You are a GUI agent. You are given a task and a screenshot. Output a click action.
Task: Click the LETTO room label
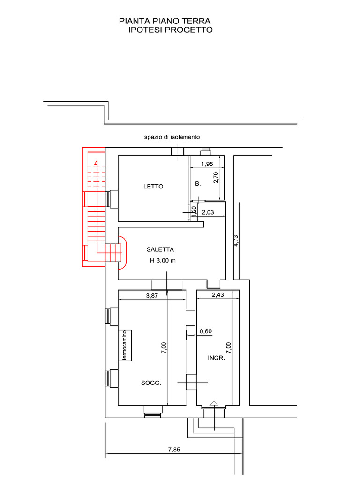[x=153, y=186]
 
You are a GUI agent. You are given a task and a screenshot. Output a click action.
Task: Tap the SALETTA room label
[x=160, y=249]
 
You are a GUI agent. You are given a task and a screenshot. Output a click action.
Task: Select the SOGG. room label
[x=151, y=382]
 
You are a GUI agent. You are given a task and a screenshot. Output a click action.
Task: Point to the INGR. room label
[x=217, y=358]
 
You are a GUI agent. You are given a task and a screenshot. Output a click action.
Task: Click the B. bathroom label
[x=198, y=184]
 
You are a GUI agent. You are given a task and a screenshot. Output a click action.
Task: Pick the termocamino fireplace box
[x=125, y=345]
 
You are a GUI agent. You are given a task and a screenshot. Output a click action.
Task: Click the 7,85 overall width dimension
[x=174, y=450]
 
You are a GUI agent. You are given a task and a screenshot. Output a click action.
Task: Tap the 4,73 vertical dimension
[x=236, y=240]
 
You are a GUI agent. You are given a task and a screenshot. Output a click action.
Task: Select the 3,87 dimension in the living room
[x=152, y=295]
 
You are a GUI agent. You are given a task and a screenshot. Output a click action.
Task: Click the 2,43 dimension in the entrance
[x=218, y=294]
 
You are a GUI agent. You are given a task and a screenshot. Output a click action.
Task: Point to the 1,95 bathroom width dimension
[x=207, y=164]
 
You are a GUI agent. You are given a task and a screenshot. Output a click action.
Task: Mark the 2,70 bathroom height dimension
[x=216, y=178]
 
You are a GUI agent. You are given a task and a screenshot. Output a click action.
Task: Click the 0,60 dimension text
[x=206, y=331]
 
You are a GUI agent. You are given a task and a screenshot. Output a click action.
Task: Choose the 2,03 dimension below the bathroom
[x=208, y=212]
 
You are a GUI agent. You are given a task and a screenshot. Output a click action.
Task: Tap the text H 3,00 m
[x=163, y=261]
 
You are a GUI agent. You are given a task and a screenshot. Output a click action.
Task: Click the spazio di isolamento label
[x=172, y=137]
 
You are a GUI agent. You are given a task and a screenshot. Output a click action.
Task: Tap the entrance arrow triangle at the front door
[x=213, y=403]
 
